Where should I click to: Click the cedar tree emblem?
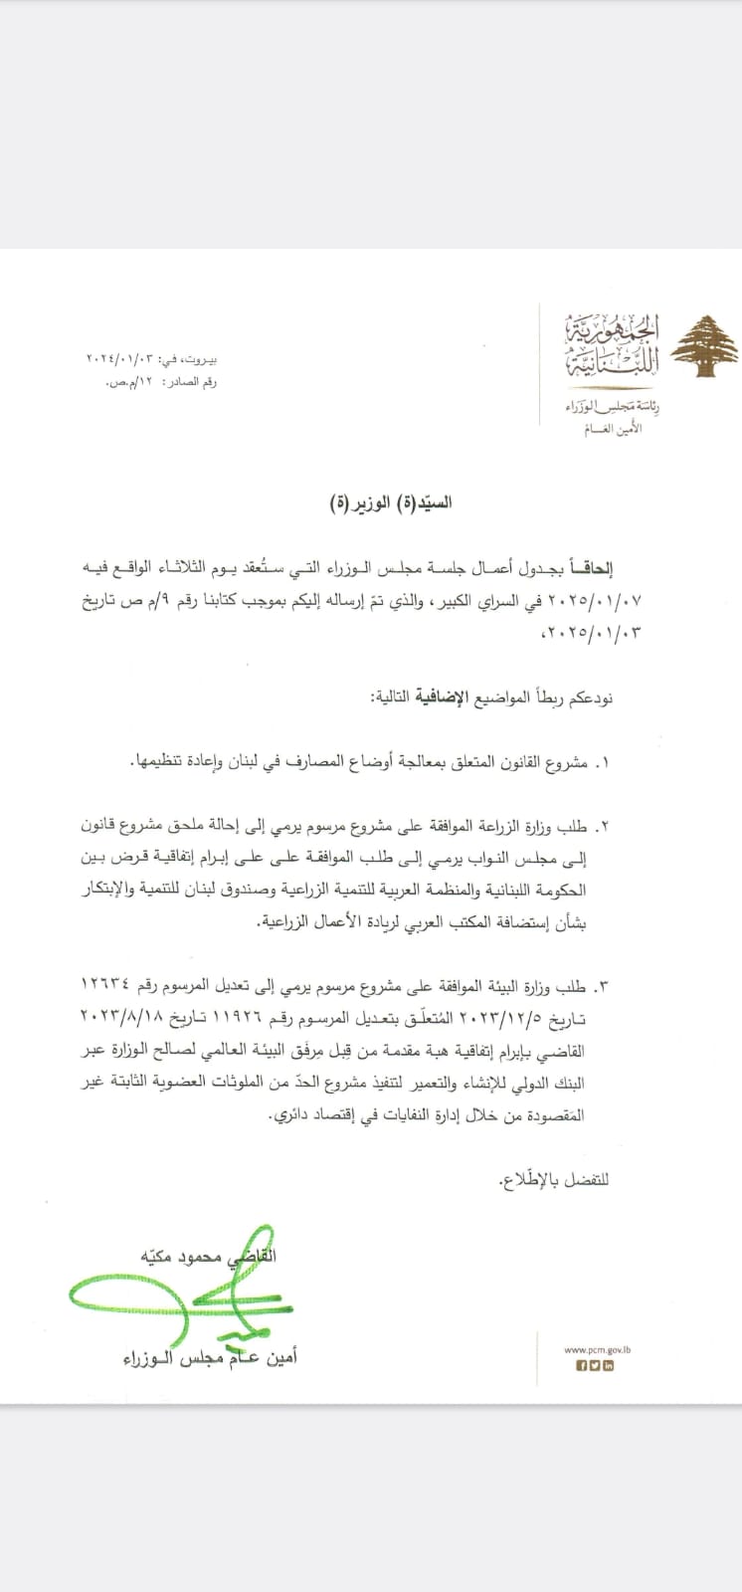coord(703,347)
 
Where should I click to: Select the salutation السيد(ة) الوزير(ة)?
coord(390,502)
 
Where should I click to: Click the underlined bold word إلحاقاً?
coord(592,568)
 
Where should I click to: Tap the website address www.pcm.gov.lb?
coord(598,1350)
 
